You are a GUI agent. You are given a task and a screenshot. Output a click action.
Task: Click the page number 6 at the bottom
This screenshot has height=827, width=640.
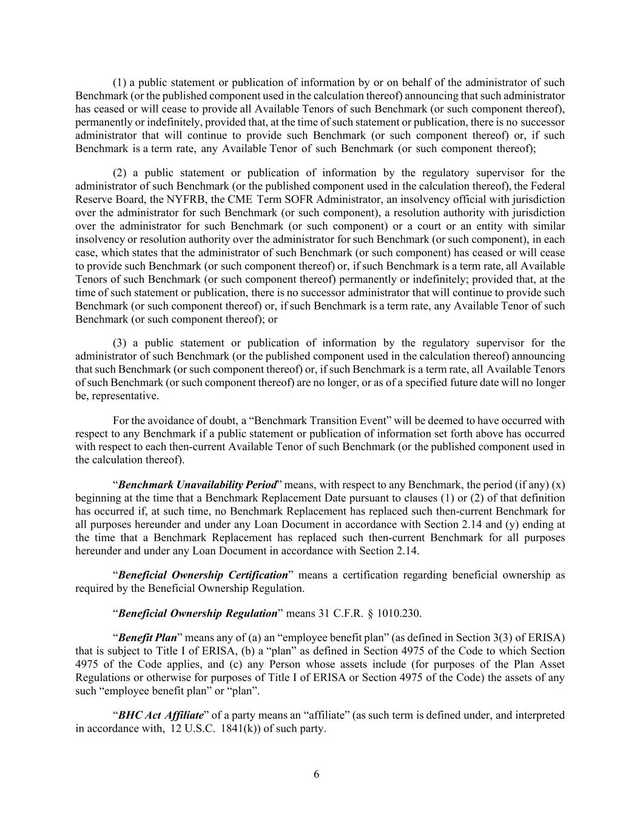click(x=316, y=774)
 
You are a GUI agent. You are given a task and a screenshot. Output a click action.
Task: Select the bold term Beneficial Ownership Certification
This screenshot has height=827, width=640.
click(x=203, y=575)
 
